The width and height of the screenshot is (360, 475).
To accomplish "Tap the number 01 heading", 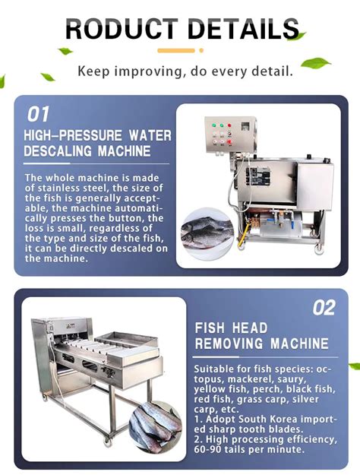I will tap(39, 115).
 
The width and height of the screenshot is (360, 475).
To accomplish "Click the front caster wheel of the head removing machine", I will tap(106, 438).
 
